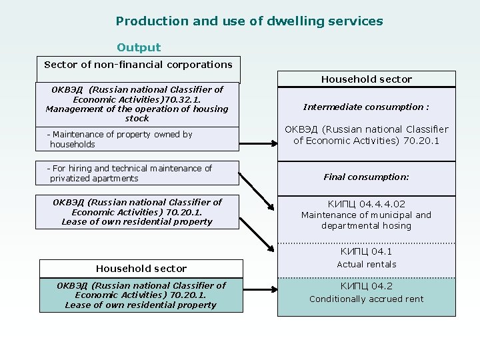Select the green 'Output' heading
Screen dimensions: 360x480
point(139,47)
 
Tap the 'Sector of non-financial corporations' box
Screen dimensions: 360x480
point(138,65)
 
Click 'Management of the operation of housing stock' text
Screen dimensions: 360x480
point(137,113)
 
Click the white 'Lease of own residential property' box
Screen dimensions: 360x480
point(137,212)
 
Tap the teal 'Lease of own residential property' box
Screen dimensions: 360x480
point(141,295)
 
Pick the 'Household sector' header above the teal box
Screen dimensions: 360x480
point(141,269)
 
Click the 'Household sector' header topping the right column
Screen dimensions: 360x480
point(367,79)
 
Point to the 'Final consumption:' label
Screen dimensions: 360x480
point(367,177)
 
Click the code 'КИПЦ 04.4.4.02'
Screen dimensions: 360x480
point(367,204)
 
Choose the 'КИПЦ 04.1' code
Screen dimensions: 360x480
point(367,251)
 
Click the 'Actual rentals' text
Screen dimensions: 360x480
point(367,265)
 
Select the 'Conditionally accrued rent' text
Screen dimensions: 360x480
point(367,299)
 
